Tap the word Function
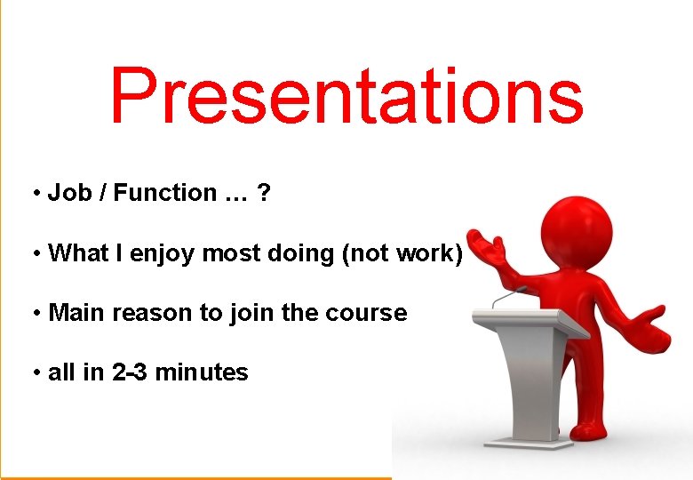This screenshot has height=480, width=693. pyautogui.click(x=164, y=193)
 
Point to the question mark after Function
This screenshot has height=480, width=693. pyautogui.click(x=263, y=193)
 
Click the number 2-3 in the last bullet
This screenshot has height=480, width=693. pyautogui.click(x=131, y=372)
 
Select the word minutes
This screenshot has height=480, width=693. pyautogui.click(x=202, y=372)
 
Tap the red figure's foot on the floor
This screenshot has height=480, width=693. pyautogui.click(x=591, y=430)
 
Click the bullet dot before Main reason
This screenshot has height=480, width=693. pyautogui.click(x=36, y=314)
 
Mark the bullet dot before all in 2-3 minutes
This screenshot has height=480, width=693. pyautogui.click(x=36, y=373)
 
